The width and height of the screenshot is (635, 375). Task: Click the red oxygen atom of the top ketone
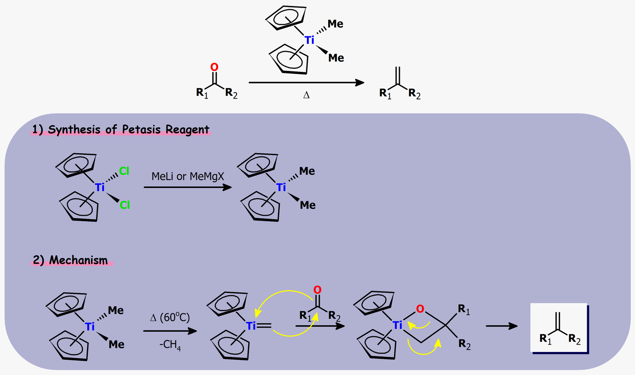click(214, 67)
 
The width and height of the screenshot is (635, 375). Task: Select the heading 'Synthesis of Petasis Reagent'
click(120, 130)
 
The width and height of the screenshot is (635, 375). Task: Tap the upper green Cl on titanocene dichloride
click(124, 171)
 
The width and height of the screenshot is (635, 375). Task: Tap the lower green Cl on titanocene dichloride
click(125, 205)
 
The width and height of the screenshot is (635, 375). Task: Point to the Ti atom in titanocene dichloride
click(100, 187)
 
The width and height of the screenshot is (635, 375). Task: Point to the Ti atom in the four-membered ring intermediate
click(398, 326)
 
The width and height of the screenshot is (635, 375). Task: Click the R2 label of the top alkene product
click(415, 94)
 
